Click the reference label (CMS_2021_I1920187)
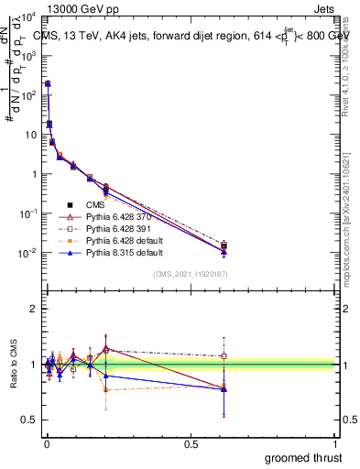tap(191, 274)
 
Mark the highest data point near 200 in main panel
tap(47, 83)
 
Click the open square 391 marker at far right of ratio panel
tap(224, 356)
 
